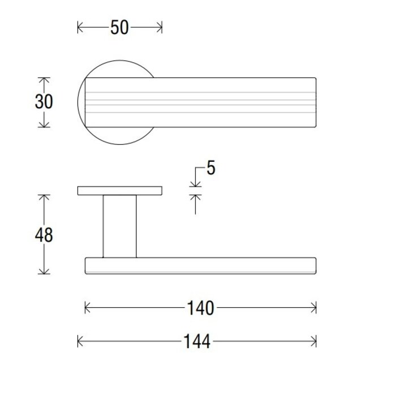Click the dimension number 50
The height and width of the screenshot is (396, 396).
[119, 27]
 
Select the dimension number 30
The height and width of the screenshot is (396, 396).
[44, 102]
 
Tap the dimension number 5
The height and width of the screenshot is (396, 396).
[210, 168]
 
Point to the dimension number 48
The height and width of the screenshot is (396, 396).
[44, 235]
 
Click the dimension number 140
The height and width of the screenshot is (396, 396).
[200, 308]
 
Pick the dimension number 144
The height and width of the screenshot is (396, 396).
[196, 341]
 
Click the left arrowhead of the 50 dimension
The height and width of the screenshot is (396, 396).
[80, 27]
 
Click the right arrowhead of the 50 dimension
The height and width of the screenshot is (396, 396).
[160, 27]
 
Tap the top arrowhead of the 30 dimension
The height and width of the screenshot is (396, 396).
[44, 80]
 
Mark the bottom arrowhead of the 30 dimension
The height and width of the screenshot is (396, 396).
[44, 124]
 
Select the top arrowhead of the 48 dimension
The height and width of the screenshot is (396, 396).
[44, 197]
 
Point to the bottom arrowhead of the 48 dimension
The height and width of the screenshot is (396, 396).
[44, 272]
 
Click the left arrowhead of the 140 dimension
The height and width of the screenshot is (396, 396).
[87, 308]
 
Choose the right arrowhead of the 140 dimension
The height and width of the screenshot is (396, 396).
[314, 308]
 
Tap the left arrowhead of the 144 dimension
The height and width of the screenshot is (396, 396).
[80, 341]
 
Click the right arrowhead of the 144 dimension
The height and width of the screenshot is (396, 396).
[314, 341]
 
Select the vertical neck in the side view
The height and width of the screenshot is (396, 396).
[119, 226]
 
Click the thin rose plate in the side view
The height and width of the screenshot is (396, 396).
[119, 190]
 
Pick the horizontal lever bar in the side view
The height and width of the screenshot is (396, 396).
[200, 266]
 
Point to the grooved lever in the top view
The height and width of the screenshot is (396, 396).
[226, 102]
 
